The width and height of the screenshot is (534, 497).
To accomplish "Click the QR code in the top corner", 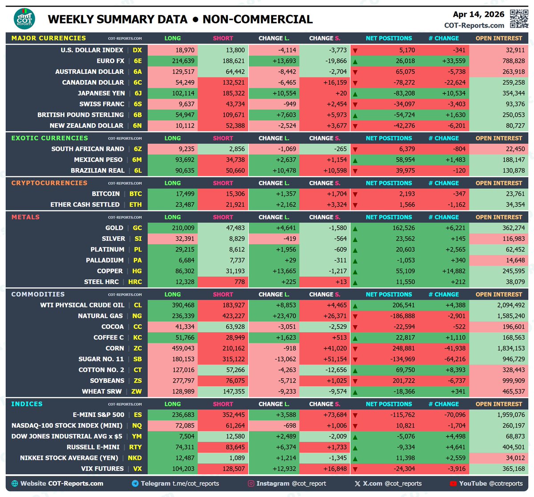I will (x=519, y=19).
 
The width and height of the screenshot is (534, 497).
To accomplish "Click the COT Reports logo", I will (x=24, y=19).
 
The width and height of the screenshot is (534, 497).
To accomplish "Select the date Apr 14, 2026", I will (x=478, y=15).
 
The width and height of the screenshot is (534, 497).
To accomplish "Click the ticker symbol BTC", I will (x=136, y=194).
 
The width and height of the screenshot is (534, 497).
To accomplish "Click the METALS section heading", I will (x=25, y=217).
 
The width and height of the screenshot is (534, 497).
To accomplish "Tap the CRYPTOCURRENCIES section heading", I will (x=49, y=183).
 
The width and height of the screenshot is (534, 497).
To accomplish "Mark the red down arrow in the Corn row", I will (x=355, y=349).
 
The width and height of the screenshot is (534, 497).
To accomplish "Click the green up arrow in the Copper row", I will (x=355, y=271).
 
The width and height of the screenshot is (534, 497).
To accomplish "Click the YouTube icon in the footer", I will (x=453, y=484).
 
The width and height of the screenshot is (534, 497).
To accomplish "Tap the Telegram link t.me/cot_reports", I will (x=195, y=484).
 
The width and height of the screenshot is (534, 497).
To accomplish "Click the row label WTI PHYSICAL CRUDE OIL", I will (x=82, y=305).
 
